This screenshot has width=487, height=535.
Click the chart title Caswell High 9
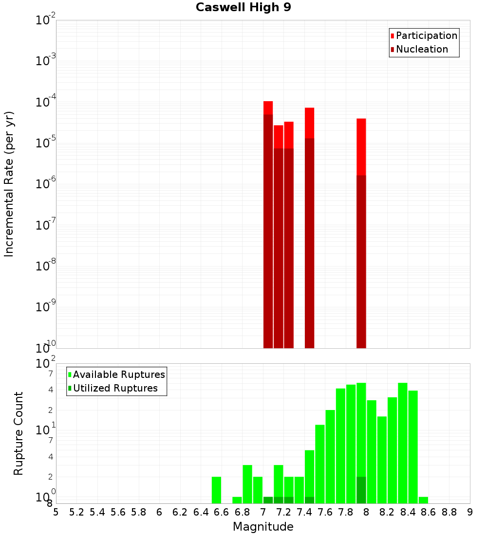click(243, 8)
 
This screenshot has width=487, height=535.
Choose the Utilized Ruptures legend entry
click(115, 388)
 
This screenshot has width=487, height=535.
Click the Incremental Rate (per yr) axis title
click(9, 184)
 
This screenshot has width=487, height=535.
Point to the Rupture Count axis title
click(19, 433)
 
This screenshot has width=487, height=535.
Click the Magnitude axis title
click(263, 527)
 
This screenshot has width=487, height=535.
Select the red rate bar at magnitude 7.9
click(361, 146)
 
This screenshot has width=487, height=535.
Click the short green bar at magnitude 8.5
click(423, 500)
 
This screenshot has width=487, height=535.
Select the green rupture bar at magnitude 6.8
click(247, 484)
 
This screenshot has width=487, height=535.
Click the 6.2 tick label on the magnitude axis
click(180, 512)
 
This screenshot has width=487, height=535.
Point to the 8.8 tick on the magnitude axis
click(449, 512)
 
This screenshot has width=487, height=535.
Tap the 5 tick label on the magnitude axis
click(56, 512)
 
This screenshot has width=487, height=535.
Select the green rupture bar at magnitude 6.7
click(237, 500)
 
